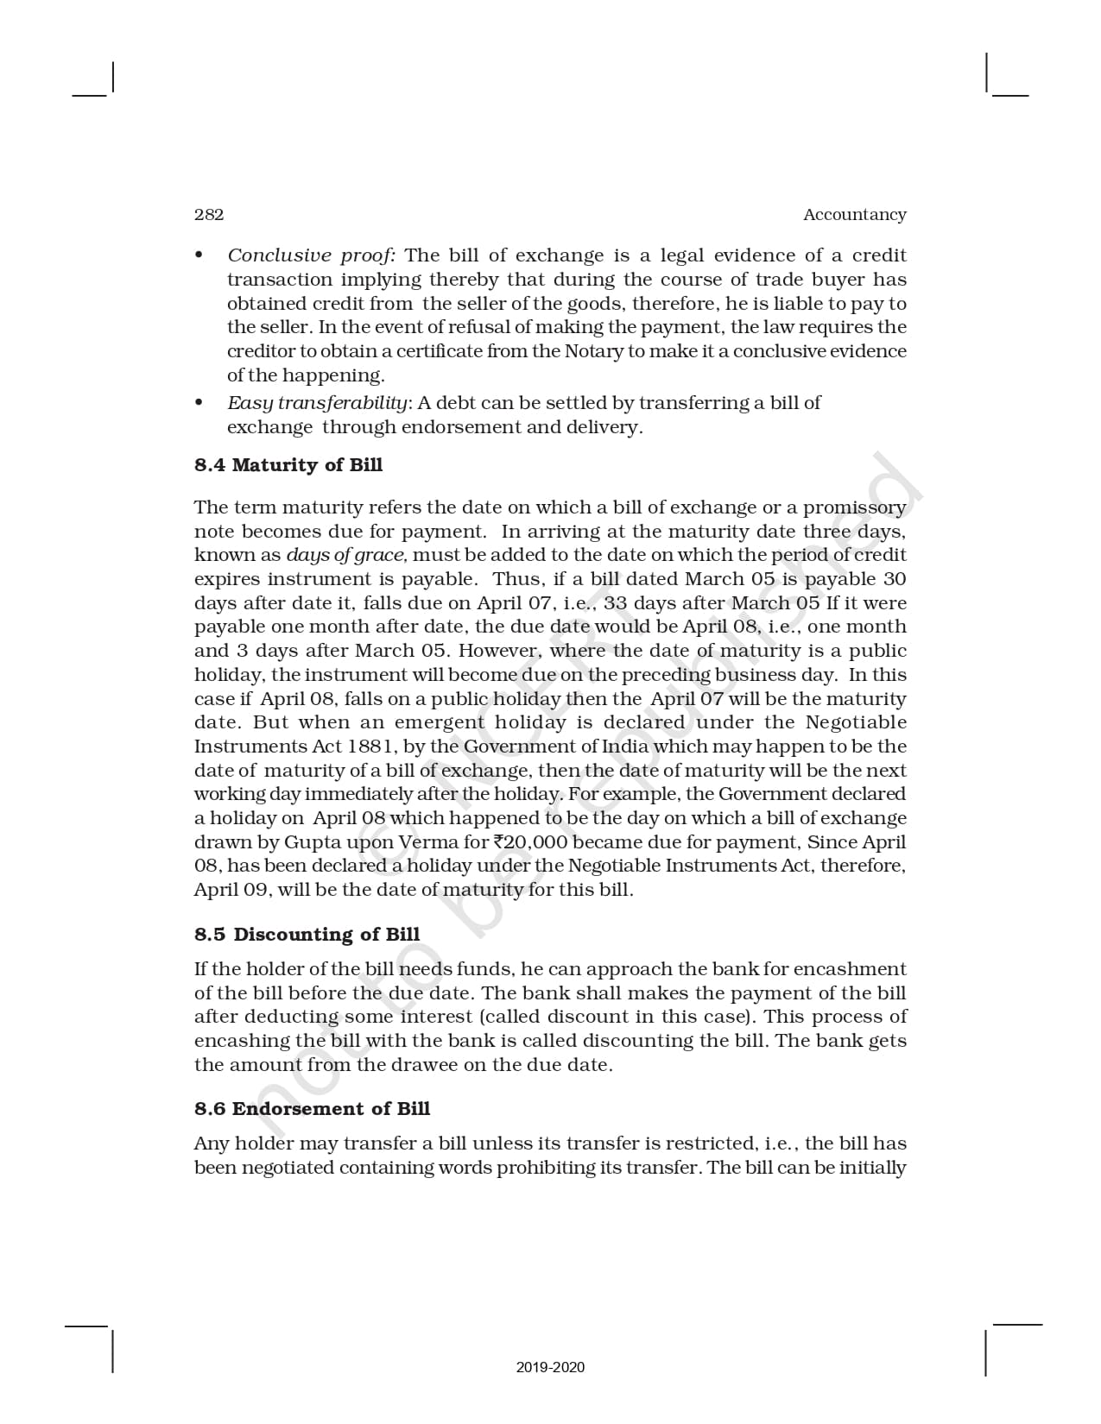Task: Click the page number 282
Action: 209,215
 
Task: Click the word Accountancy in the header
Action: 854,215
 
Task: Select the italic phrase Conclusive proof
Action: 311,255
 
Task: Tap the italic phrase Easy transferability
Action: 317,403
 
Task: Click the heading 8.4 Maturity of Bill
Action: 288,465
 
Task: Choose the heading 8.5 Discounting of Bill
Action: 307,935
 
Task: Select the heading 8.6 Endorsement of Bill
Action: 312,1109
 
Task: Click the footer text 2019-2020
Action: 550,1367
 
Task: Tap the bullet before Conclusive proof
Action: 199,255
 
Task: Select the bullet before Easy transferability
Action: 199,402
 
